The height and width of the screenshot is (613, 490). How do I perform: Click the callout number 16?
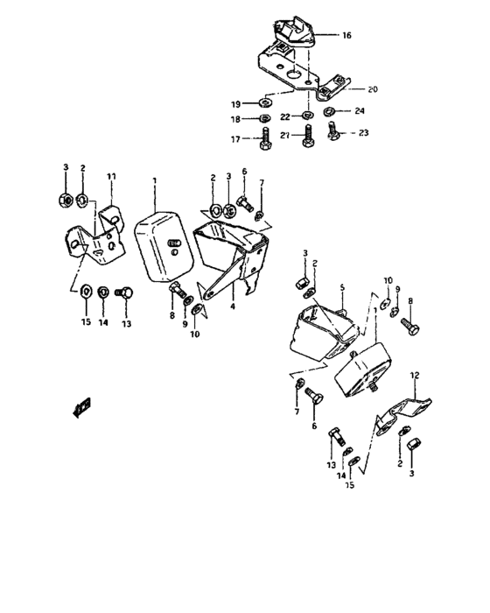coord(346,36)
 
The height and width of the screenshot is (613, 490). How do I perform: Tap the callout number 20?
coord(373,89)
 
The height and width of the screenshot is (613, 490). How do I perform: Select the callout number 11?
coord(111,176)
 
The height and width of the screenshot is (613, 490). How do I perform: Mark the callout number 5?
coord(343,285)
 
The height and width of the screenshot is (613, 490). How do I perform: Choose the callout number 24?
coord(360,111)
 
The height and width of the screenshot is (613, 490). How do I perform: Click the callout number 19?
coord(236,103)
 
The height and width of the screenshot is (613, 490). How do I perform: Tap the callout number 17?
coord(235,138)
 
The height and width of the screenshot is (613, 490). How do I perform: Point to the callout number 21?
coord(284,134)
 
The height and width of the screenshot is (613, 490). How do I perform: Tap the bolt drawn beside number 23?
coord(333,131)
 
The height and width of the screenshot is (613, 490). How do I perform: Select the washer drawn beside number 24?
coord(331,112)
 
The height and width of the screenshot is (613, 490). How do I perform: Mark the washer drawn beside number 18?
coord(265,119)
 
